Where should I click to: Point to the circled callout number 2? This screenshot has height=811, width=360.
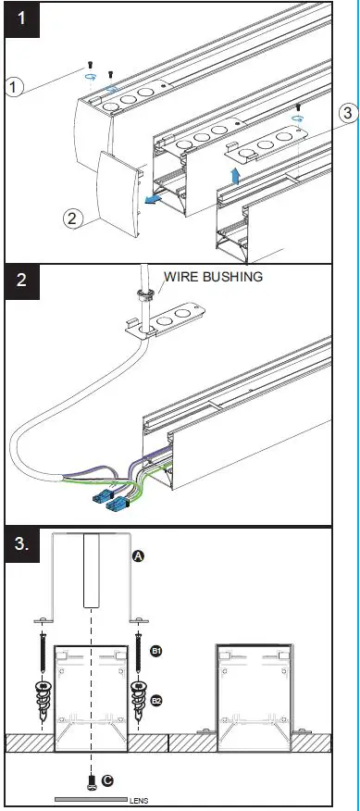click(x=73, y=218)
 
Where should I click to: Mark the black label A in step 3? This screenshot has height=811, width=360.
click(x=138, y=556)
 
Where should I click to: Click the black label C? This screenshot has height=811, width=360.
click(x=108, y=780)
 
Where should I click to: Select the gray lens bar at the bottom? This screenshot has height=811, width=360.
click(x=91, y=798)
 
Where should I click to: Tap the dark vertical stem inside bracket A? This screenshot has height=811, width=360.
click(x=90, y=570)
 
